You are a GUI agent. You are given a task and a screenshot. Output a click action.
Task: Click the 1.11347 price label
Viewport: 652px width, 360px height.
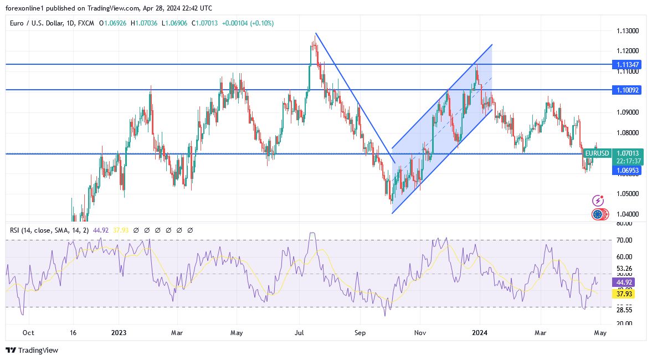(x=627, y=65)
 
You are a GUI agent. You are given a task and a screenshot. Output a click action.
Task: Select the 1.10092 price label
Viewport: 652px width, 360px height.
(x=627, y=90)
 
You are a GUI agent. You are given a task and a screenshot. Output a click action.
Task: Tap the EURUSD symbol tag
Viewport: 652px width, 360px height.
(x=597, y=153)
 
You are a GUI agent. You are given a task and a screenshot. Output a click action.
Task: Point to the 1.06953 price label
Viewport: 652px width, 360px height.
(x=627, y=171)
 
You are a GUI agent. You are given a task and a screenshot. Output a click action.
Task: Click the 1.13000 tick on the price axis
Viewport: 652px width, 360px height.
(x=627, y=31)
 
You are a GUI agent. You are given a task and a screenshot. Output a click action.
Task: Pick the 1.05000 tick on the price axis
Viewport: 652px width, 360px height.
(x=627, y=194)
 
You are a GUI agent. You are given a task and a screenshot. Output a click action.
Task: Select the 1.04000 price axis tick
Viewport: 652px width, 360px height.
(x=627, y=214)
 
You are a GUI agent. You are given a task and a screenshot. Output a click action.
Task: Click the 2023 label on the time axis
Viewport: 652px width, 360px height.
(x=119, y=333)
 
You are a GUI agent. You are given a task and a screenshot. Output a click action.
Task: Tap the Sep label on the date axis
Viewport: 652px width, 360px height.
(x=360, y=333)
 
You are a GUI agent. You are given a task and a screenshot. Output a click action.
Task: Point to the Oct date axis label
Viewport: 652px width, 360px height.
(x=28, y=333)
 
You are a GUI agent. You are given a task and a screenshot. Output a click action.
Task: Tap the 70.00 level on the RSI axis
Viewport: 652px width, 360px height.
(x=624, y=240)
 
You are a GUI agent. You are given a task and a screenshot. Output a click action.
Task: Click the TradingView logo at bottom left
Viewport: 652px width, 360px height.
(x=32, y=350)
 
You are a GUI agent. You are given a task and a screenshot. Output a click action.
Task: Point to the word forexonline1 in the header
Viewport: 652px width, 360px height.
(x=25, y=8)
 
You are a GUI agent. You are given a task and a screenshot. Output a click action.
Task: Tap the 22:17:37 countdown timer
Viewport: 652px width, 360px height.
(x=627, y=161)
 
